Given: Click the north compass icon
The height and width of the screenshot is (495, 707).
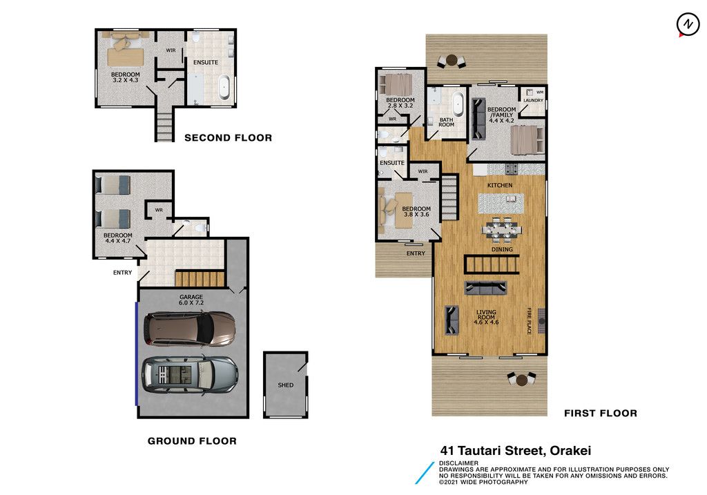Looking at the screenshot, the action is (x=688, y=24).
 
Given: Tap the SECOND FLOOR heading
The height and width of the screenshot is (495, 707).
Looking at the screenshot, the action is (x=228, y=138).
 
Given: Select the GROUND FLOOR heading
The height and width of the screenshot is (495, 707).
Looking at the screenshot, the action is (x=192, y=441).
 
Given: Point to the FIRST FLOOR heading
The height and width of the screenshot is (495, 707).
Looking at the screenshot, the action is (x=601, y=413).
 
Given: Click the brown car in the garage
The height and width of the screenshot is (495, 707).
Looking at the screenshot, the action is (x=190, y=329).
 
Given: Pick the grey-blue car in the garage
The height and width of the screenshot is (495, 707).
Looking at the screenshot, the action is (x=191, y=375).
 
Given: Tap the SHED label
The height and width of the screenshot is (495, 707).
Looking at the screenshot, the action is (x=285, y=385).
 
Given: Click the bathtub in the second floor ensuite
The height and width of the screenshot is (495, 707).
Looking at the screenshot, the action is (x=224, y=88).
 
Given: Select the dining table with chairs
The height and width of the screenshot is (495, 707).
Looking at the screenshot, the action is (x=501, y=229).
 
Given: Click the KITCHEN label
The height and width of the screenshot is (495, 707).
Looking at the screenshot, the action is (x=500, y=185).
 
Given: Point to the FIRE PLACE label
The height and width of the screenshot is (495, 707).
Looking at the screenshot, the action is (x=530, y=321).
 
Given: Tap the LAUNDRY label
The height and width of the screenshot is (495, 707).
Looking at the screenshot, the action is (x=534, y=101).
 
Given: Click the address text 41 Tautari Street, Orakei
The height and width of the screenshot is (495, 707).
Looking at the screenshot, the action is (x=515, y=450).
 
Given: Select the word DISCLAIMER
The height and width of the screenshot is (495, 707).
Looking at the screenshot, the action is (x=458, y=463).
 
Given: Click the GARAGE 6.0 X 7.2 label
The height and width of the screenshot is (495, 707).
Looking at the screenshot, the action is (x=191, y=300).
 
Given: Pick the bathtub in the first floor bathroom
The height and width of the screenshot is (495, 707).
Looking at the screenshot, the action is (x=458, y=104).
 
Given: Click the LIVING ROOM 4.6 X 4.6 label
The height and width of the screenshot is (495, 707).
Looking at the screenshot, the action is (x=486, y=317).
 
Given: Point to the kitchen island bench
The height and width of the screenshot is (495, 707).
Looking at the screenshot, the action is (x=501, y=204).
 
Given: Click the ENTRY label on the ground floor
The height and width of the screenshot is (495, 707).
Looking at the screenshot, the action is (x=123, y=273).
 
